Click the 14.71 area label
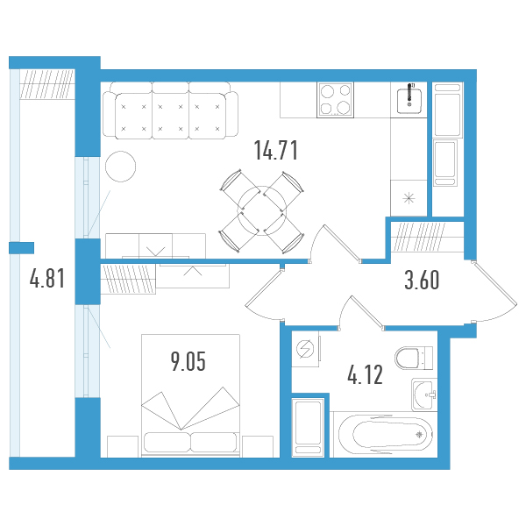[x=276, y=150]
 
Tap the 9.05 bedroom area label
[x=188, y=361]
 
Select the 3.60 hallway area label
[x=422, y=281]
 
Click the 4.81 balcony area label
[x=47, y=279]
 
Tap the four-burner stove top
[x=335, y=100]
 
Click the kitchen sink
[x=409, y=100]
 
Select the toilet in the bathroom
[x=414, y=358]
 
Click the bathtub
[x=386, y=435]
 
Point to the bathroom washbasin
[x=424, y=394]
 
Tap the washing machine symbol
[x=305, y=349]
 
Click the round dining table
[x=261, y=211]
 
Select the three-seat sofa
[x=170, y=110]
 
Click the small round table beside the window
[x=121, y=167]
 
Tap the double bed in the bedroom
[x=190, y=396]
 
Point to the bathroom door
[x=361, y=313]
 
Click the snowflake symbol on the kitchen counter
[x=409, y=198]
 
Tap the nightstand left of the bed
[x=123, y=446]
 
